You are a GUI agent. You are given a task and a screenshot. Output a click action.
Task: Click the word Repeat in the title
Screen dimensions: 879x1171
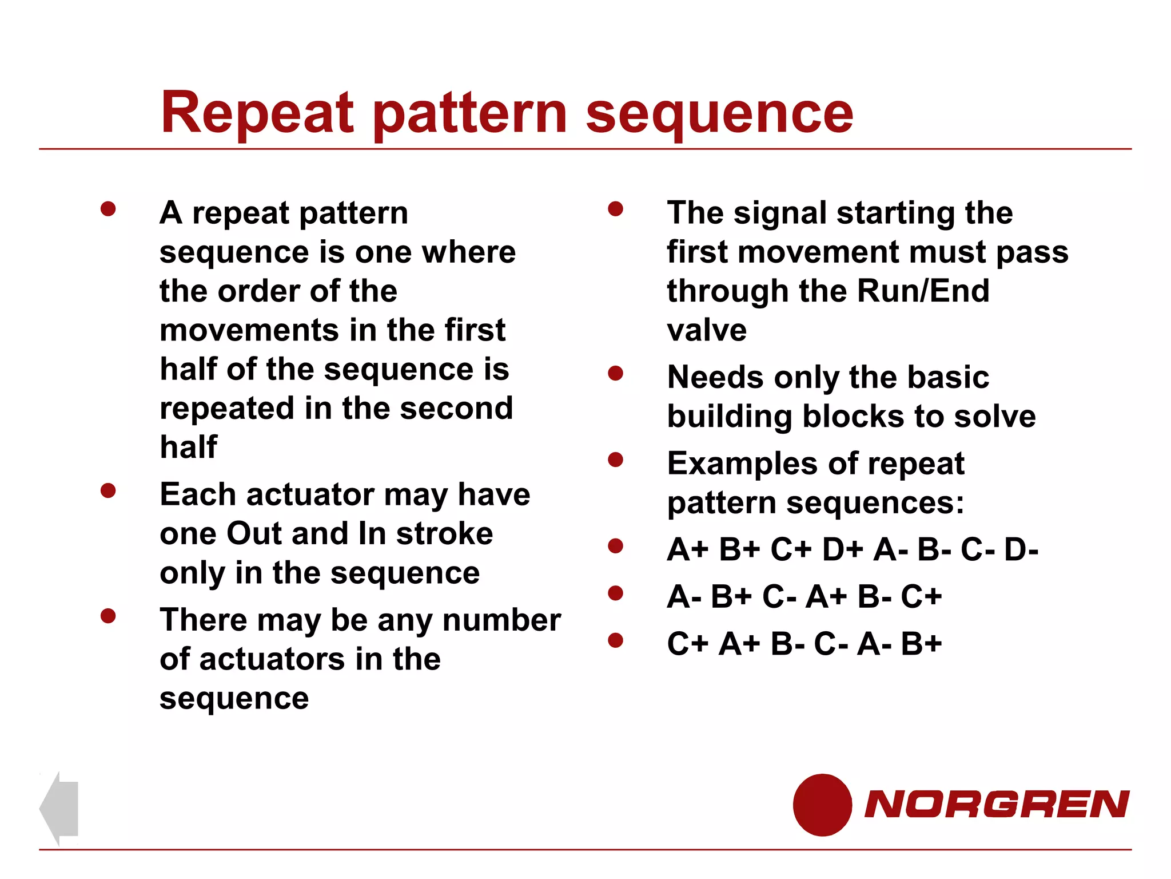(257, 113)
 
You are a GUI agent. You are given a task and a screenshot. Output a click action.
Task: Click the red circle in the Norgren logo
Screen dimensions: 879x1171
(822, 805)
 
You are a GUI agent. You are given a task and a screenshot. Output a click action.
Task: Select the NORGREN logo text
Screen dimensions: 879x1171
(997, 805)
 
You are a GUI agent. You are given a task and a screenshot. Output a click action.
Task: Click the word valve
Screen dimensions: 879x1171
(707, 330)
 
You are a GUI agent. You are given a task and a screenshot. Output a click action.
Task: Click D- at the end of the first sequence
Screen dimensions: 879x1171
(1021, 550)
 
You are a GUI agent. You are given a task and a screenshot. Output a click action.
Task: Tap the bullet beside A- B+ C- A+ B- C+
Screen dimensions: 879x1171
(615, 593)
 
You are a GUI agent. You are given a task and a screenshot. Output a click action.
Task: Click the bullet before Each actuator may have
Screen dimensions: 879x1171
(108, 490)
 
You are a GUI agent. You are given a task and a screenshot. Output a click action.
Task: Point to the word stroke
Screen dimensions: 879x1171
(444, 533)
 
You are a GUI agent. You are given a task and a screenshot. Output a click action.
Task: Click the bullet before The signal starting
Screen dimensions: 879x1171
(615, 209)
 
